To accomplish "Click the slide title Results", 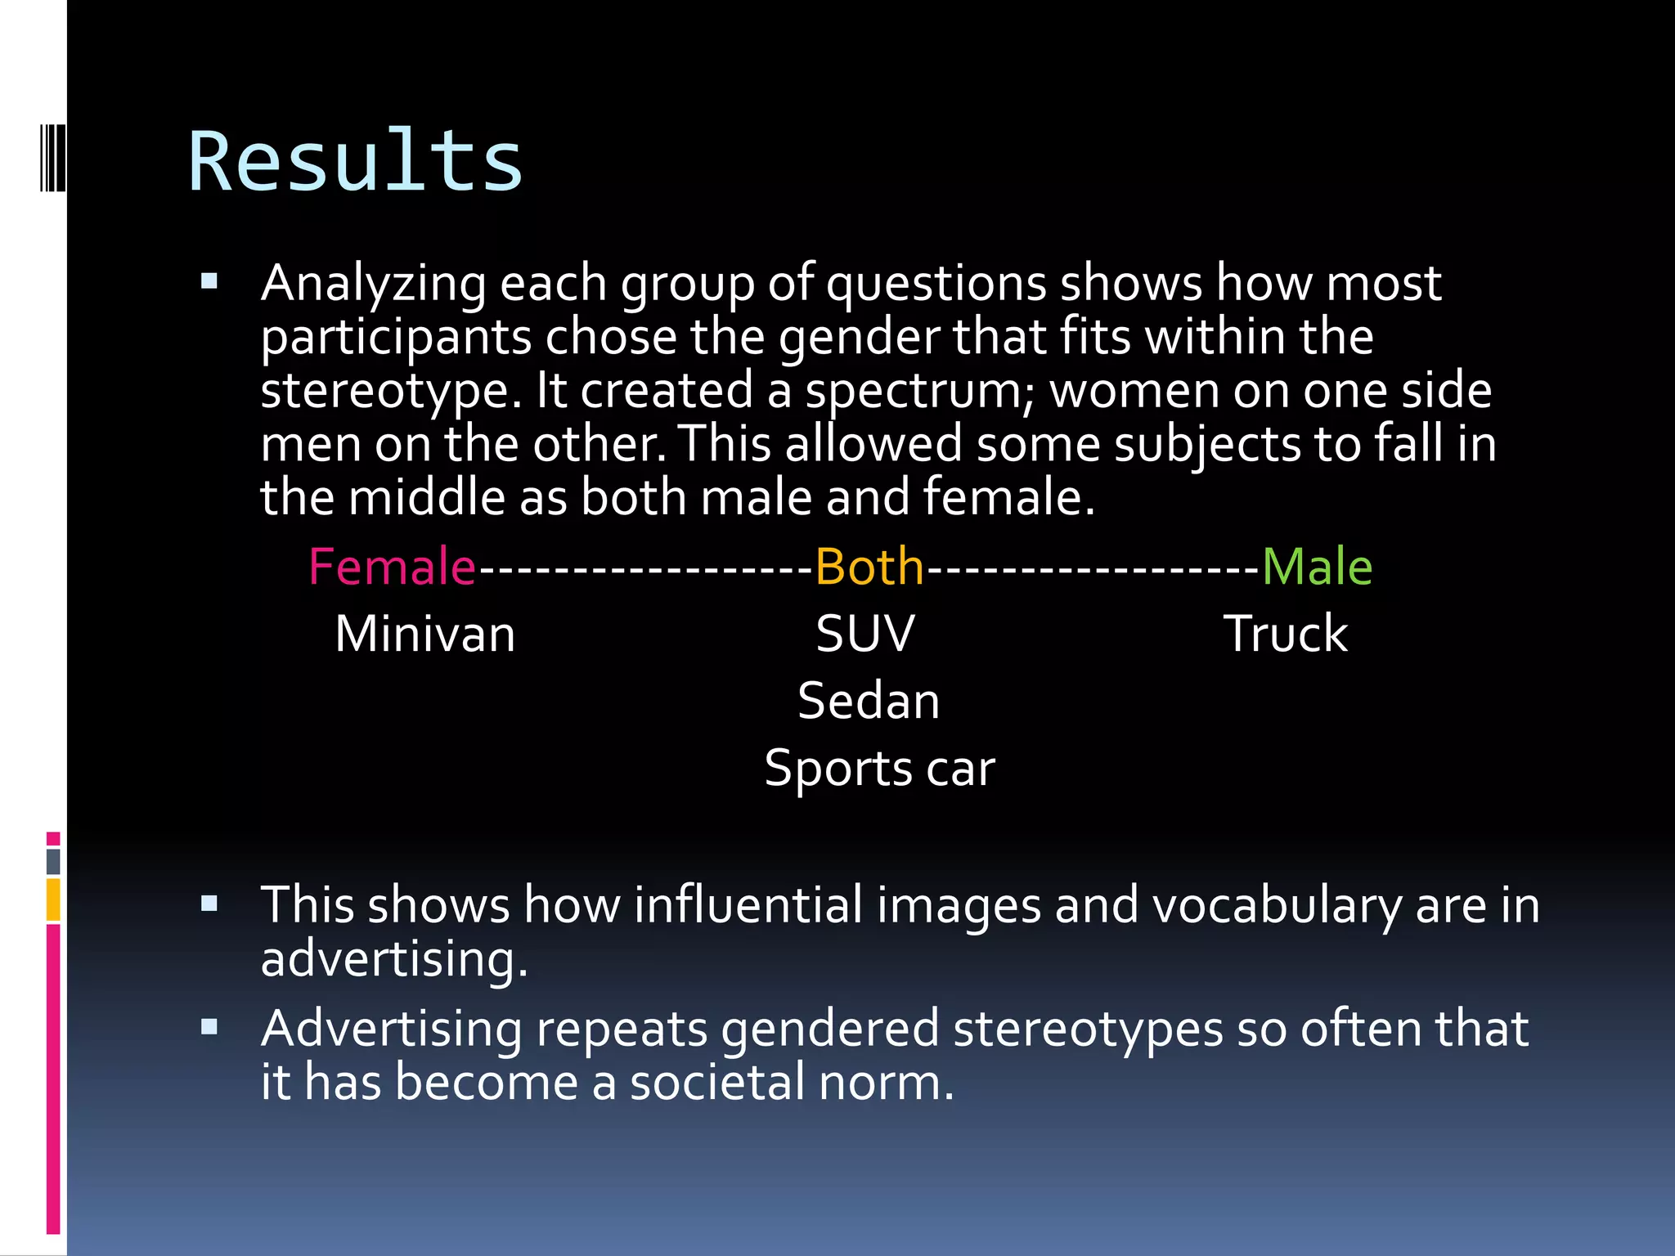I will (x=355, y=162).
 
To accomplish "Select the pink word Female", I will (x=392, y=567).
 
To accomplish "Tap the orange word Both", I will (x=869, y=567).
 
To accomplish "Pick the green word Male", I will (x=1317, y=567).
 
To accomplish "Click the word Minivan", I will (x=425, y=634).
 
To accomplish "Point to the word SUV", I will (x=865, y=634).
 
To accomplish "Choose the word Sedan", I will (x=869, y=701).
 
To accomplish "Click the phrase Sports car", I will (x=879, y=769).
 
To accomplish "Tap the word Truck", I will (x=1285, y=634).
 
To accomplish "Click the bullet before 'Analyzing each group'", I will (x=209, y=282).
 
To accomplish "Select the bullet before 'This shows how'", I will (x=209, y=904).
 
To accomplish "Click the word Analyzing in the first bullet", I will (x=373, y=284).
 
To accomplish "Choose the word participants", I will (x=396, y=338).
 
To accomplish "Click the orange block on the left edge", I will (x=53, y=899).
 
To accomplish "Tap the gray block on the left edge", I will (x=53, y=861).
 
